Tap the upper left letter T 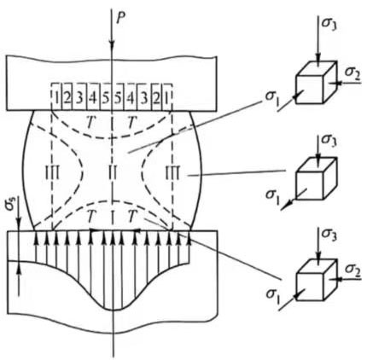[91, 124]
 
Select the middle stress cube [314, 179]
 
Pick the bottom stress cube [314, 279]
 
